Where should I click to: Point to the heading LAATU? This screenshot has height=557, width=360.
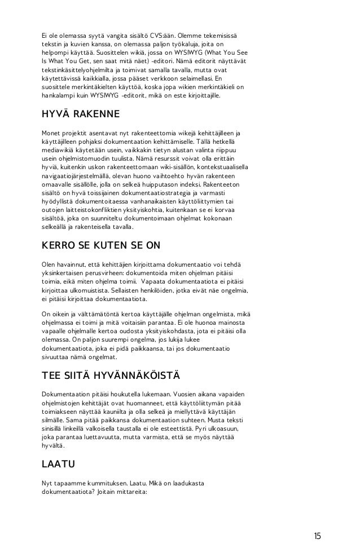click(x=59, y=465)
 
